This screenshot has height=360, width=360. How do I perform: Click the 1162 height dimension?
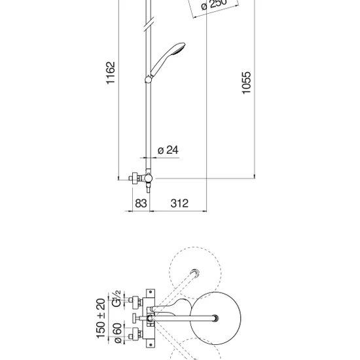(x=111, y=73)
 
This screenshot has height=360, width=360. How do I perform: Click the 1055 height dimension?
(x=247, y=82)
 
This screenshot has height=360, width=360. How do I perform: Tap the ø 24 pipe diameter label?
(x=168, y=150)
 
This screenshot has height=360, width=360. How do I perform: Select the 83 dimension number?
(x=141, y=204)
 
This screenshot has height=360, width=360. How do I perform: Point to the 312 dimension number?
(x=179, y=204)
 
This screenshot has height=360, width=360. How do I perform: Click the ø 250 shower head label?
(x=214, y=4)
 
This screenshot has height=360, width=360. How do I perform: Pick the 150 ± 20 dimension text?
(x=101, y=319)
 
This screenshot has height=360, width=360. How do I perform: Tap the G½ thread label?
(x=117, y=298)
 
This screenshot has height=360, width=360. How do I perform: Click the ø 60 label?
(x=118, y=333)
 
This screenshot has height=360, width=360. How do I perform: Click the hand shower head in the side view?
(x=168, y=58)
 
